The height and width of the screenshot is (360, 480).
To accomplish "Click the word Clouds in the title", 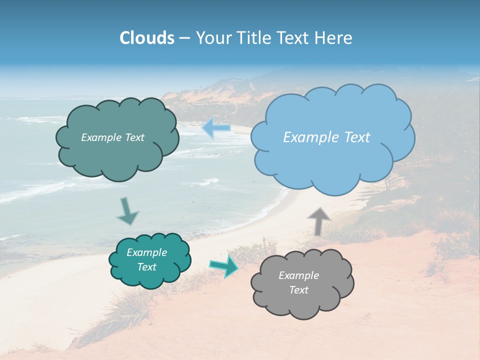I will [146, 38].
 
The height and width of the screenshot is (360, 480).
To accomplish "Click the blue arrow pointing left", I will [217, 128].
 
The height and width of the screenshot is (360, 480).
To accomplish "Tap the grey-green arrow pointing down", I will [127, 211].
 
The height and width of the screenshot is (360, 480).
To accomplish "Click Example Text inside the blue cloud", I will [326, 137].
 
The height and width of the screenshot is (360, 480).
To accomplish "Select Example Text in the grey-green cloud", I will [112, 137].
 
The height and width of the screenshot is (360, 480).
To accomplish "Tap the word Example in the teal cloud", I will [147, 252].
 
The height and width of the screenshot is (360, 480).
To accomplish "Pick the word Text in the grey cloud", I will [299, 290].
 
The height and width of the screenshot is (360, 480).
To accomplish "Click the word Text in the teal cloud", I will [147, 267].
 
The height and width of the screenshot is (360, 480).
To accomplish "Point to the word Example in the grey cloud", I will [299, 275].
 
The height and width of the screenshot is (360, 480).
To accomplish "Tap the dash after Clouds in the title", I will [184, 38].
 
